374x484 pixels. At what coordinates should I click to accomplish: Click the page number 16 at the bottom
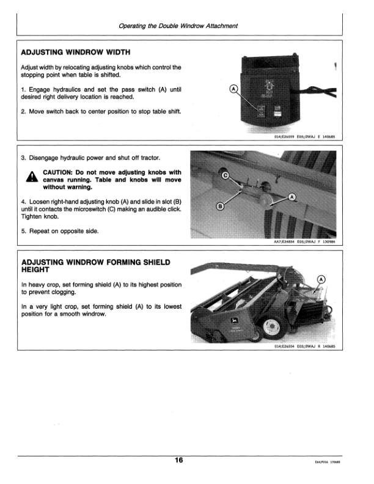tap(178, 460)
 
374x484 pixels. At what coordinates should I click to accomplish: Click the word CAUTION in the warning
tap(60, 172)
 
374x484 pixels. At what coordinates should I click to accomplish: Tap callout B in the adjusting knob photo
tap(221, 207)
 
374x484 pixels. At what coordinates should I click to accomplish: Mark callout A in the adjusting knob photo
tap(292, 197)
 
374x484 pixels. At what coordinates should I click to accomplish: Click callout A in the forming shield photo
tap(321, 280)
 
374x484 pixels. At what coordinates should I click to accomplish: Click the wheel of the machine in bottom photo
tap(269, 330)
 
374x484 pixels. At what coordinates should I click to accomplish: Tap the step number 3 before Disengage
tap(23, 158)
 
